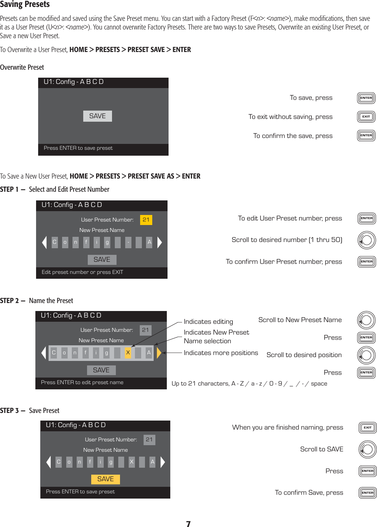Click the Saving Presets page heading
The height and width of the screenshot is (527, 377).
click(25, 5)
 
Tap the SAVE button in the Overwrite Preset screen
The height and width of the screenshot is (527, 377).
click(97, 116)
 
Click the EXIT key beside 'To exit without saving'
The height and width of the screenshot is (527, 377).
click(366, 116)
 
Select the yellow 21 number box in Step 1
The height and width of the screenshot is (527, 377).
click(146, 220)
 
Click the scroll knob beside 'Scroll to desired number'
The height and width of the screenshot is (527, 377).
click(367, 240)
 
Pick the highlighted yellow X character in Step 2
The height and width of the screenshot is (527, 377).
click(128, 353)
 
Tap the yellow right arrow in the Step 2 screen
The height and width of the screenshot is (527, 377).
click(159, 353)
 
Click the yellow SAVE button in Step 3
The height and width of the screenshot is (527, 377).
click(105, 479)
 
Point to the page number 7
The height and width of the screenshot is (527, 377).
click(188, 524)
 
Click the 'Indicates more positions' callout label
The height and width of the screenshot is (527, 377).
click(221, 353)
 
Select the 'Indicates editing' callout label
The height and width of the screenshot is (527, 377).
click(208, 322)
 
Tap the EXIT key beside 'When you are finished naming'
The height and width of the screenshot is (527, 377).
click(368, 427)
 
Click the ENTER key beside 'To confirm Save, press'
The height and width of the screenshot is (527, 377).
click(368, 493)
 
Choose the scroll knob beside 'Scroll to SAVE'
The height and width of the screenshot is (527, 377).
click(368, 449)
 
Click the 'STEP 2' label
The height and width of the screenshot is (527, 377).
click(10, 301)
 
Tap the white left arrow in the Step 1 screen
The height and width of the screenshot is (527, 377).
click(44, 242)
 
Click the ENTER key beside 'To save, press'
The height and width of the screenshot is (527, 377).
click(366, 98)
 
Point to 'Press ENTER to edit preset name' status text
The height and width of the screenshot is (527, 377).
click(82, 382)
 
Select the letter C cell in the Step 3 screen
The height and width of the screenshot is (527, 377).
click(59, 462)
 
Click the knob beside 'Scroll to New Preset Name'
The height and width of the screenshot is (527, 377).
click(366, 320)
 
